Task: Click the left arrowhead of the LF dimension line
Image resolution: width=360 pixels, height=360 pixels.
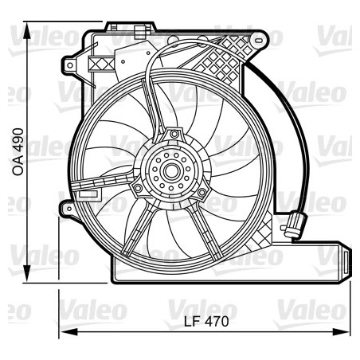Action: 65,331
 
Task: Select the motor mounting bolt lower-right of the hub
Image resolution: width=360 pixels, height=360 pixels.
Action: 202,191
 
